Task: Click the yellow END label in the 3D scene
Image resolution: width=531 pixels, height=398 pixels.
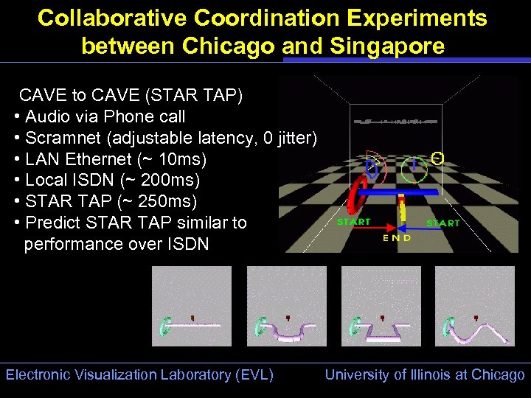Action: [x=397, y=238]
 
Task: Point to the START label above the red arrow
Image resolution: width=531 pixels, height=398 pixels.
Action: [x=354, y=221]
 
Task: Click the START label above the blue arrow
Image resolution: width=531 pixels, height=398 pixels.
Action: [x=442, y=223]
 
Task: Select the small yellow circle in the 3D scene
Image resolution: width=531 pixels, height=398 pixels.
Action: [x=437, y=158]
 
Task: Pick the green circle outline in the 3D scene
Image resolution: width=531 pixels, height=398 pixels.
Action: [x=414, y=170]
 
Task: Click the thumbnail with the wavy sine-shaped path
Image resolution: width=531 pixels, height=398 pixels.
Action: [x=474, y=306]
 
